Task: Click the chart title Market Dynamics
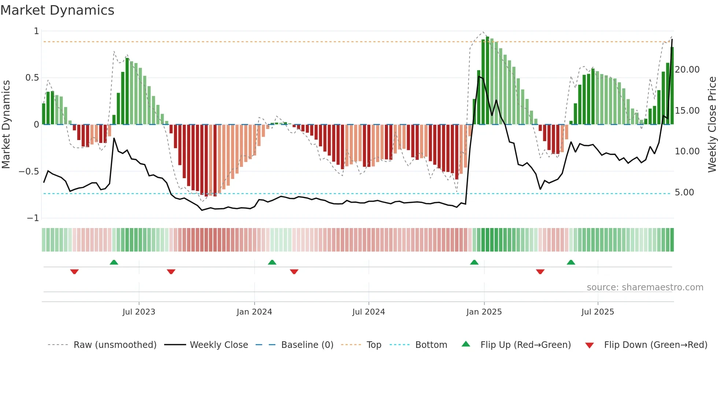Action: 57,10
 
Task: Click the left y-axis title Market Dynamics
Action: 6,125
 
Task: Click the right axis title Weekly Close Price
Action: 712,125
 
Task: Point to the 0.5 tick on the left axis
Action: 32,78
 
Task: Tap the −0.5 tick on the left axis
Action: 29,172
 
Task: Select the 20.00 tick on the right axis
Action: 687,70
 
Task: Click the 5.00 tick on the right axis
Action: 684,192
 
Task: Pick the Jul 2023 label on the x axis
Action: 139,312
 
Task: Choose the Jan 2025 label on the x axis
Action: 484,312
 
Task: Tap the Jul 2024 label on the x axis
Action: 369,312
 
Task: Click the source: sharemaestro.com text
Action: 645,287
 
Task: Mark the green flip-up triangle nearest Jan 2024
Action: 272,262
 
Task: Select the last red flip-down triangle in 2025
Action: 540,272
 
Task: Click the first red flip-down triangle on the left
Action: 74,272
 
